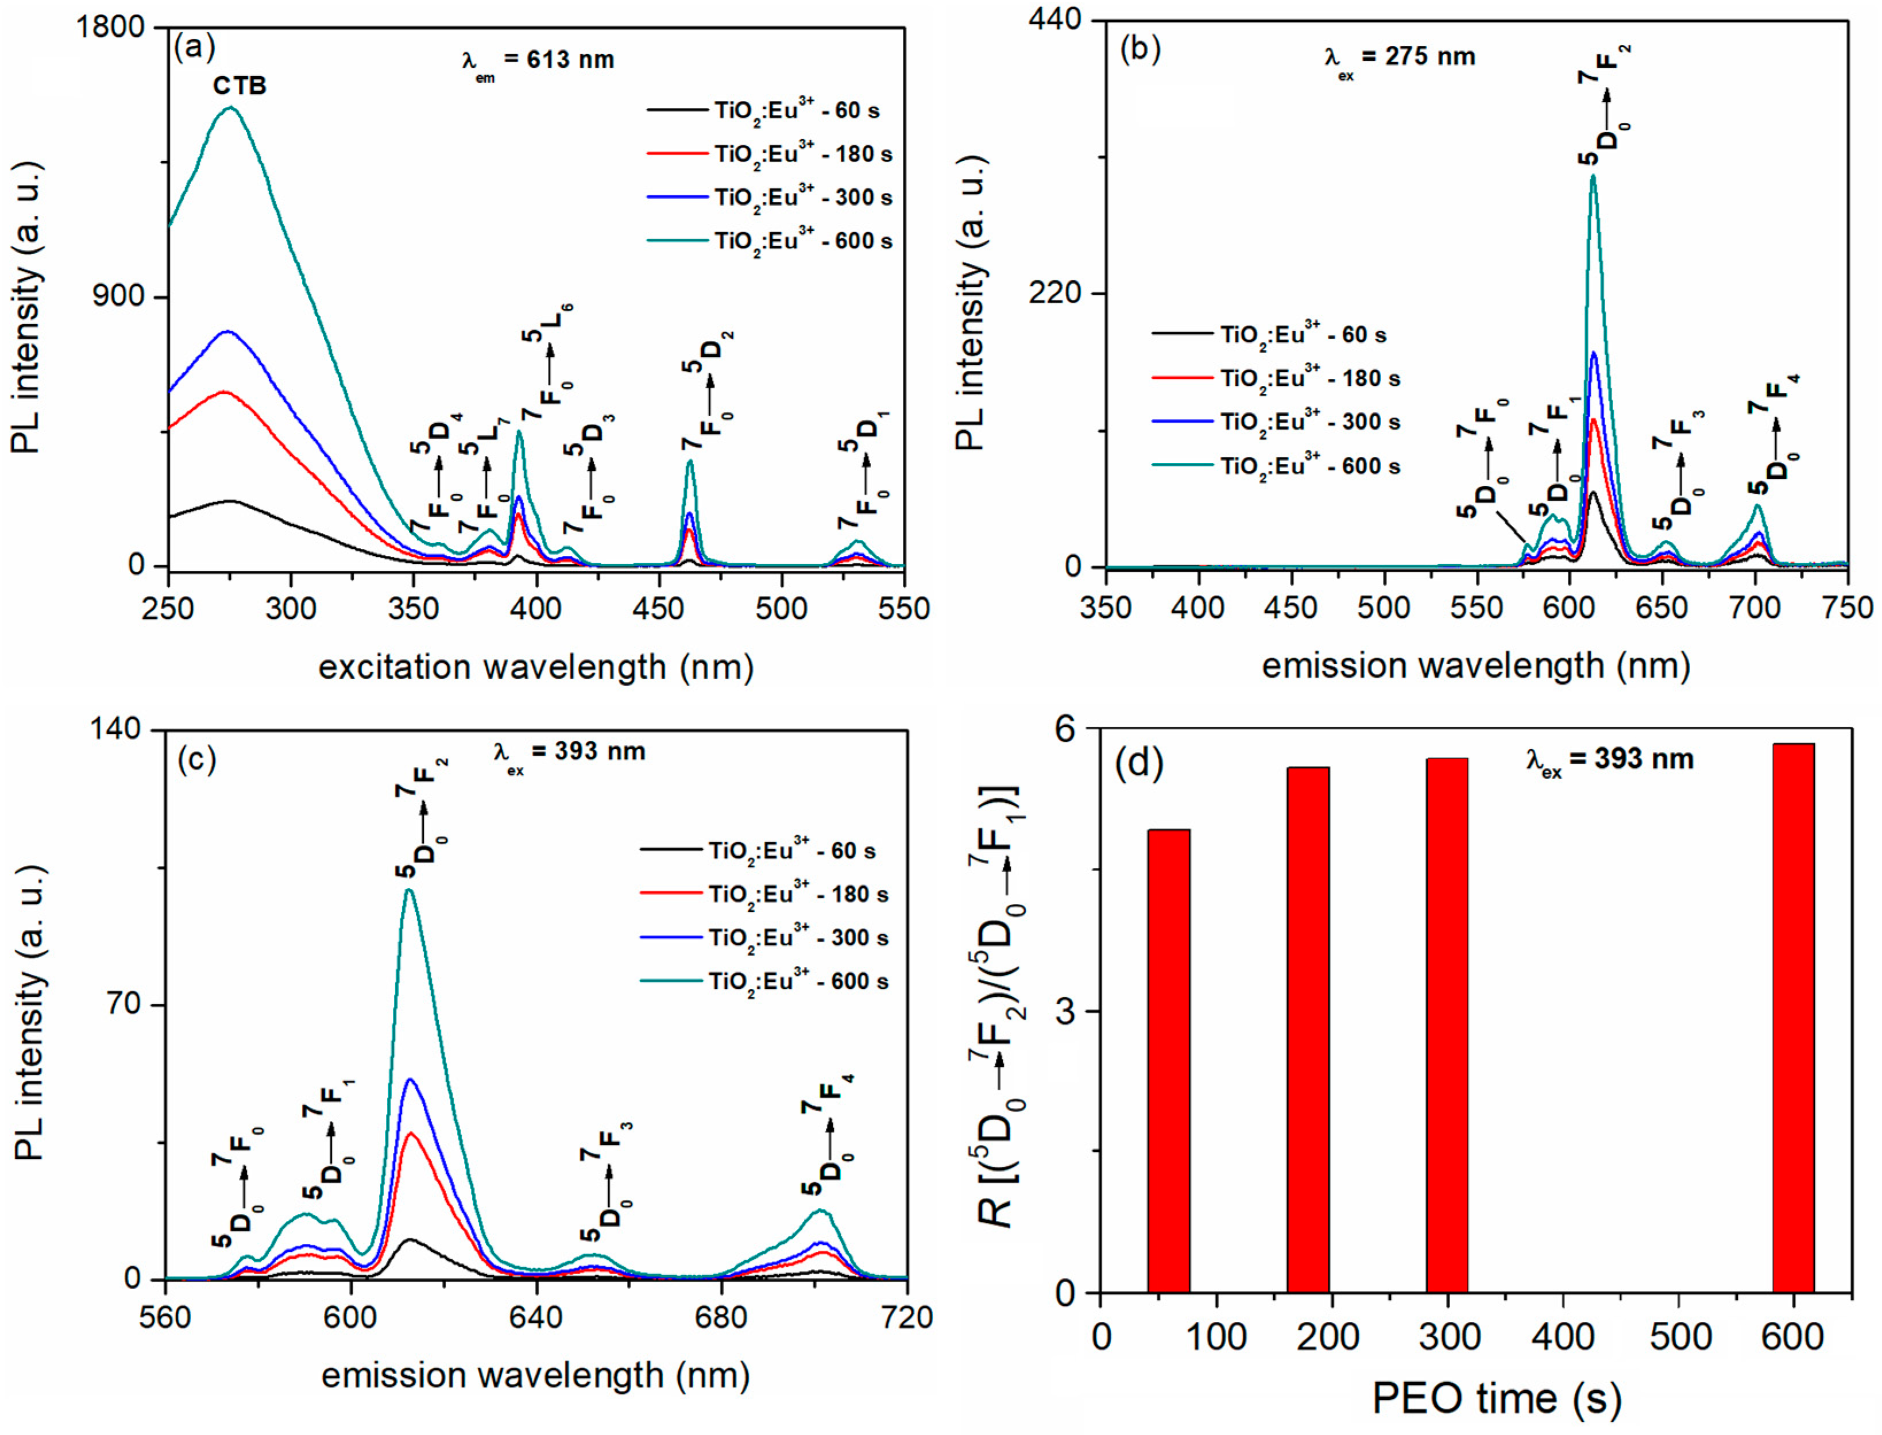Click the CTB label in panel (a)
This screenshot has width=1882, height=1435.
point(239,86)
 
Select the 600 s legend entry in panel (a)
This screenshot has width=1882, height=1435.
point(769,241)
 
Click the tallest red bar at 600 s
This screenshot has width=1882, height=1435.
point(1792,1016)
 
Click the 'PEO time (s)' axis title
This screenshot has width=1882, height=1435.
point(1496,1398)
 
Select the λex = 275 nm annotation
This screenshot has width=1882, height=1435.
point(1400,57)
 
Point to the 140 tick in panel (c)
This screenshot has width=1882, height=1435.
point(119,730)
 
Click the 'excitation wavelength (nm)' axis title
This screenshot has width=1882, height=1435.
point(536,667)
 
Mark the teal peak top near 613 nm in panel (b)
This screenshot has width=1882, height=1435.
point(1593,177)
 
